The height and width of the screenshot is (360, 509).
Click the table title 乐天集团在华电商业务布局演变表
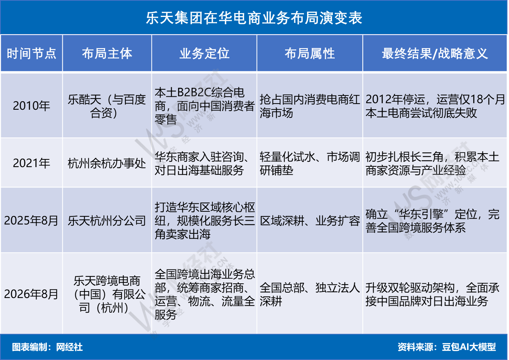[x=254, y=18]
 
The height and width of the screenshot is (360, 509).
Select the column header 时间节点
[x=32, y=54]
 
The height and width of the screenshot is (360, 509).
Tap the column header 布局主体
[x=107, y=54]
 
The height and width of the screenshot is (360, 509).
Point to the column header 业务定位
[x=204, y=54]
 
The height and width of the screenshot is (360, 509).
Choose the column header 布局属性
[x=310, y=54]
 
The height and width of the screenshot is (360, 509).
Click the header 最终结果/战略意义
[x=435, y=54]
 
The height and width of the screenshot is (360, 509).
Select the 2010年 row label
[x=32, y=106]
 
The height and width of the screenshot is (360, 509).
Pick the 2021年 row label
[x=32, y=163]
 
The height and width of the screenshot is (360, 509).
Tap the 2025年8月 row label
[x=31, y=220]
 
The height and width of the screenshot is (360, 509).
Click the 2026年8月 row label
[x=31, y=294]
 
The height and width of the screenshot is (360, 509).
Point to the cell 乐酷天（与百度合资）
[x=107, y=106]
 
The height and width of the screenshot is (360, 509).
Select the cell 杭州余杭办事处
[x=107, y=163]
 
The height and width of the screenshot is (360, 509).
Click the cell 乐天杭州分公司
[x=107, y=221]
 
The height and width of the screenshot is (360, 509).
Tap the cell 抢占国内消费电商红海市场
[x=310, y=106]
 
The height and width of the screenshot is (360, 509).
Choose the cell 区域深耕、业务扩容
[x=310, y=221]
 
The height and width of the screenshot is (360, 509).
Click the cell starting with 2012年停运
[x=435, y=106]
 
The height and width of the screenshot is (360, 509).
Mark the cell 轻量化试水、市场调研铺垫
[x=310, y=163]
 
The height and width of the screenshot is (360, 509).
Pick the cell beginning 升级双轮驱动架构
[x=432, y=294]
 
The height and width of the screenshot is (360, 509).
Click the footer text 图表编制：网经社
[x=47, y=347]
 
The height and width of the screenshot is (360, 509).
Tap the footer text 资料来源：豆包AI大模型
[x=447, y=347]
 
